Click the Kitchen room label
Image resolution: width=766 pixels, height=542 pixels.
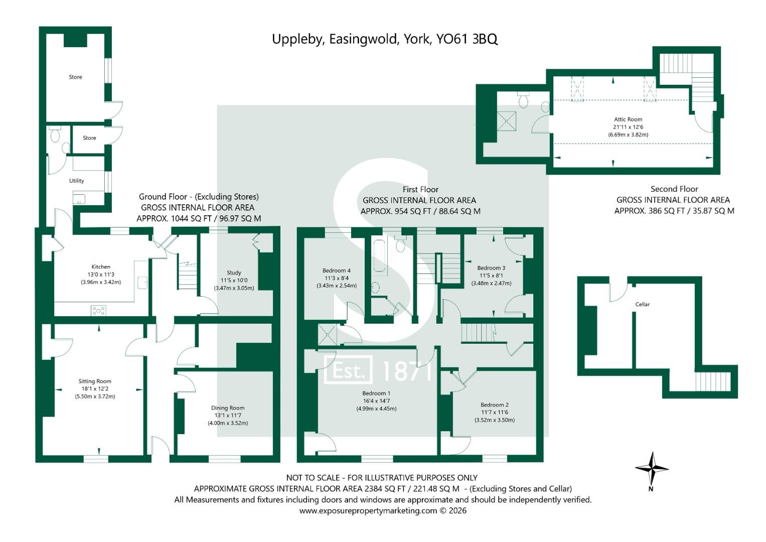(101, 267)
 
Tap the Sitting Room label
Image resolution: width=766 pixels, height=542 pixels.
(95, 381)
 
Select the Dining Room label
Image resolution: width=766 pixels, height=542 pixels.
(228, 408)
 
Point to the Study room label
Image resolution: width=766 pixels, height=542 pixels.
(234, 273)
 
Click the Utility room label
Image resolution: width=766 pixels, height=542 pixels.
(77, 181)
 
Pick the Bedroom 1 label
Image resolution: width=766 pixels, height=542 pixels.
(376, 393)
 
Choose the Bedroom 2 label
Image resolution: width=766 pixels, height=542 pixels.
(494, 405)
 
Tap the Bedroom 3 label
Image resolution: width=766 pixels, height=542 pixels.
(491, 268)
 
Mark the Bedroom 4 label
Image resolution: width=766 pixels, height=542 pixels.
(336, 271)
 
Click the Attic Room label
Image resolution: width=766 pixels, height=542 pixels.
(628, 119)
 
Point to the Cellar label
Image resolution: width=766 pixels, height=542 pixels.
(642, 304)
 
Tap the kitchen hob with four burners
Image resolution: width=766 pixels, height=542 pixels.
(98, 311)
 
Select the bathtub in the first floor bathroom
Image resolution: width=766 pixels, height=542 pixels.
(379, 256)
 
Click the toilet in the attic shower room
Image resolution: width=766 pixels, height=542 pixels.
(524, 101)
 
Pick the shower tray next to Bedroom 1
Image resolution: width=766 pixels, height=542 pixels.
(328, 334)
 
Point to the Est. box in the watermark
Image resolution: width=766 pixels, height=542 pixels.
(349, 370)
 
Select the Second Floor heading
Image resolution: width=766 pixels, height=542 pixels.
(674, 189)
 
